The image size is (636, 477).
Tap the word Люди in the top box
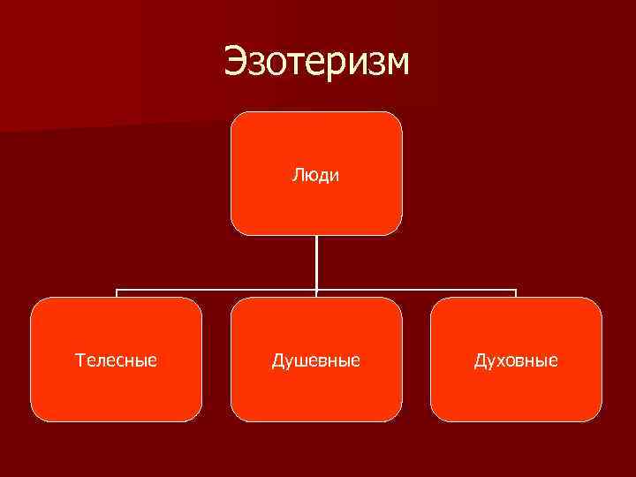pyautogui.click(x=316, y=174)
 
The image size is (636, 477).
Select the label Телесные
pyautogui.click(x=117, y=360)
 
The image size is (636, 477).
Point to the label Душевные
pyautogui.click(x=316, y=360)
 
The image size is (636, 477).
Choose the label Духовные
pyautogui.click(x=516, y=360)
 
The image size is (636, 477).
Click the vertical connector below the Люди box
pyautogui.click(x=316, y=261)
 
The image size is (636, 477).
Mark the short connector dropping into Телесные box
pyautogui.click(x=117, y=293)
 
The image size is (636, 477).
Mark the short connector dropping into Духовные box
pyautogui.click(x=516, y=293)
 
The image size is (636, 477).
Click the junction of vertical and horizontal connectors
pyautogui.click(x=316, y=289)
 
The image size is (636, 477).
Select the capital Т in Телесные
pyautogui.click(x=79, y=360)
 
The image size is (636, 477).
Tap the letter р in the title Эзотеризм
pyautogui.click(x=332, y=67)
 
